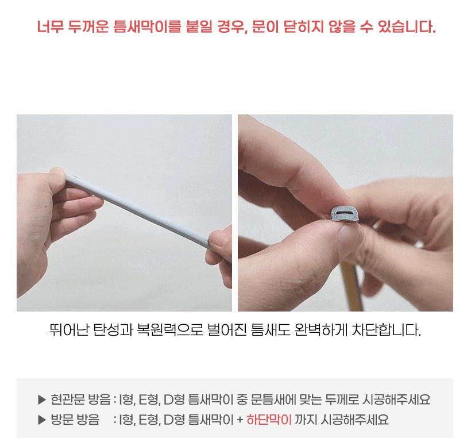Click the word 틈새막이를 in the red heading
click(x=147, y=26)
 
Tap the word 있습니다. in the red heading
click(x=407, y=26)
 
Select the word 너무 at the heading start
click(x=50, y=26)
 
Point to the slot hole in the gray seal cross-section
click(x=344, y=213)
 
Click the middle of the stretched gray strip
click(x=138, y=210)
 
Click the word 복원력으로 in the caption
click(x=170, y=330)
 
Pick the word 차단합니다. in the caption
click(x=386, y=330)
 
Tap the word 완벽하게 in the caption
click(x=321, y=330)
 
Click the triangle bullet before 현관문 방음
click(x=42, y=400)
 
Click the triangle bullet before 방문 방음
click(x=42, y=420)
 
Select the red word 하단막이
click(x=269, y=420)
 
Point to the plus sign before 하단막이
click(x=240, y=420)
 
